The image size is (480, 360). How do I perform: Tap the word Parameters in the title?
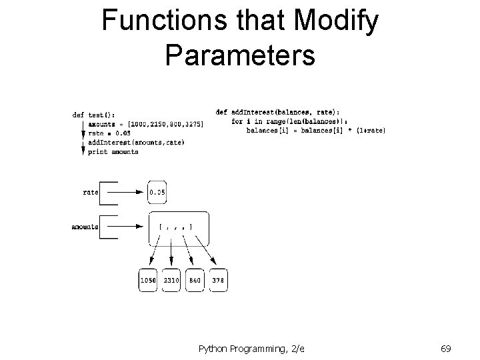click(x=239, y=55)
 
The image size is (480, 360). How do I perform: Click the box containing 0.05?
click(x=157, y=192)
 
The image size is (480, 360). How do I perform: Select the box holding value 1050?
click(x=148, y=281)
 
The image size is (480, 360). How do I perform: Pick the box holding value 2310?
click(x=172, y=281)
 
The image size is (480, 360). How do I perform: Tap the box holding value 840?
click(x=195, y=281)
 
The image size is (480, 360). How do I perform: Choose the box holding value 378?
click(x=218, y=281)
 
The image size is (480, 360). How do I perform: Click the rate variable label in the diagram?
click(x=91, y=192)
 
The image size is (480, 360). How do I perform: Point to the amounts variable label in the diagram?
click(x=85, y=227)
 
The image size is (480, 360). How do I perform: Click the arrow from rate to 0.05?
click(x=131, y=192)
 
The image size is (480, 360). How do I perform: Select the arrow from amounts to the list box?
click(x=131, y=227)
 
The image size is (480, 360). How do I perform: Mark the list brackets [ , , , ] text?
click(x=176, y=227)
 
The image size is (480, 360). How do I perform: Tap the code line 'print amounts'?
click(x=113, y=152)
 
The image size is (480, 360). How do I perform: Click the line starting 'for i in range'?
click(x=293, y=121)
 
